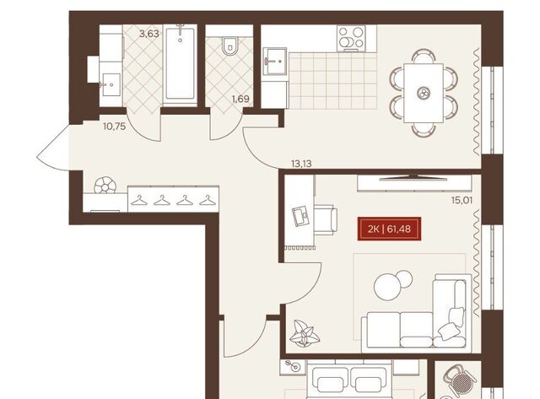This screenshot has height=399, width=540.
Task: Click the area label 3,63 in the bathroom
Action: click(148, 34)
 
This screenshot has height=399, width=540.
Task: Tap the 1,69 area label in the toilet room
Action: click(240, 100)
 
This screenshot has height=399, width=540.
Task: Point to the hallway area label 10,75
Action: click(115, 127)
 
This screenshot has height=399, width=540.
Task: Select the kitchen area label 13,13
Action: click(301, 164)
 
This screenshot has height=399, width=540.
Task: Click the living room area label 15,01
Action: click(462, 200)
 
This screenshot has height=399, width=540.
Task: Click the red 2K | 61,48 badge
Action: click(389, 229)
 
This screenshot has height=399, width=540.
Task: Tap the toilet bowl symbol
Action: click(229, 46)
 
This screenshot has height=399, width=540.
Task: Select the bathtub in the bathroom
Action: click(180, 65)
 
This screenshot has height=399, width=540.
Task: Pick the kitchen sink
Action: click(275, 62)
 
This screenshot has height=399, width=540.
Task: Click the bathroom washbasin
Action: click(111, 84)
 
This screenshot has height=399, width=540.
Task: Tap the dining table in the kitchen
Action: click(424, 93)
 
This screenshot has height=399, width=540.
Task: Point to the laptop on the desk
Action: click(301, 216)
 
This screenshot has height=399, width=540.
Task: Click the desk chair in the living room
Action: click(326, 220)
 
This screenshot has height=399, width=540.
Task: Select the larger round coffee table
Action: click(388, 287)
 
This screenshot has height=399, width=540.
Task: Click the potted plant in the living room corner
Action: click(305, 333)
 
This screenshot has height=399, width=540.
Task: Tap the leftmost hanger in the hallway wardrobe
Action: click(139, 201)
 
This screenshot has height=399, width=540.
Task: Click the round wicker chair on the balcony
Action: click(458, 379)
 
